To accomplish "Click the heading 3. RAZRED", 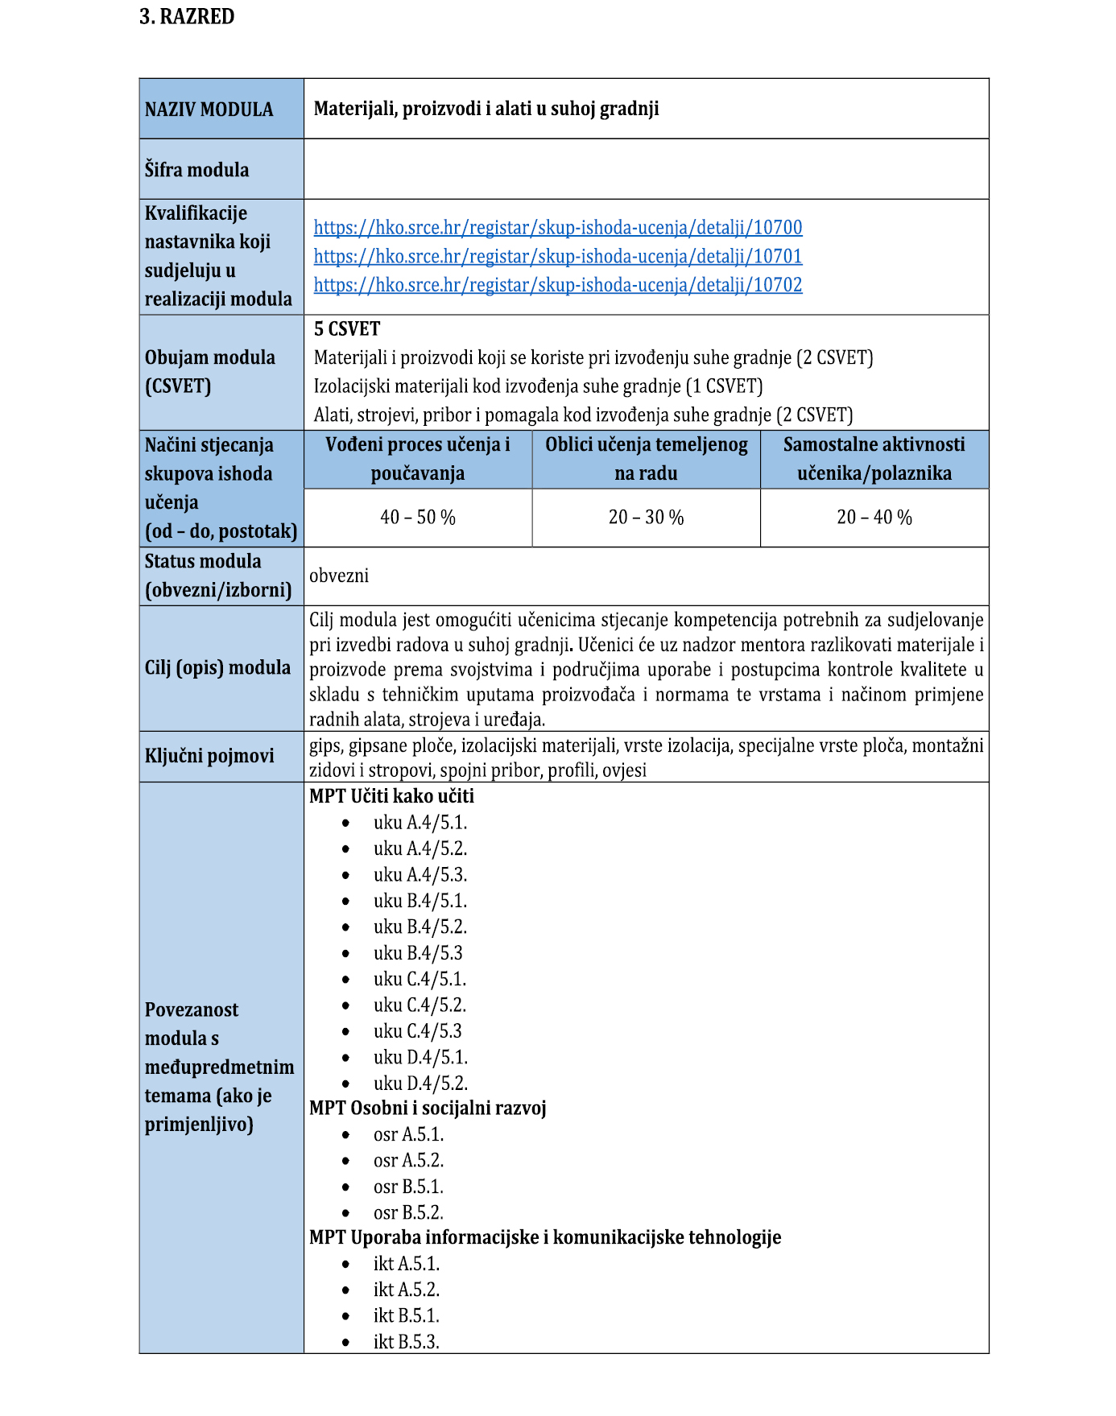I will coord(187,17).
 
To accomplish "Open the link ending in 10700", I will coord(557,228).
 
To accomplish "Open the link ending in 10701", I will coord(557,257).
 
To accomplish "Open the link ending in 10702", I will coord(557,285).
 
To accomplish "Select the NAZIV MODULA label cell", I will coord(209,109).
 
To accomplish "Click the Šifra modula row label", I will coord(196,170).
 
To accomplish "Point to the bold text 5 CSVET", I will coord(347,329).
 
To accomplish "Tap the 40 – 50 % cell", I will coord(418,518).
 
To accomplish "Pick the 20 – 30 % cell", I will coord(646,518).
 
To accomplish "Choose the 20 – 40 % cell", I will coord(874,518).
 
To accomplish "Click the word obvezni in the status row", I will coord(339,576).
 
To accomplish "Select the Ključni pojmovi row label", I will coord(209,756).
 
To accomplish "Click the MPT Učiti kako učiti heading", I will coord(391,797).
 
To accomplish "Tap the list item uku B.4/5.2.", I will coord(420,927).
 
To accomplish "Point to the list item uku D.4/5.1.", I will coord(420,1058).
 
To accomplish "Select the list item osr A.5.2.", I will coord(408,1161).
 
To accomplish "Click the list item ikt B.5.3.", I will coord(406,1342).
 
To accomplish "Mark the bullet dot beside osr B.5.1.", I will coord(345,1187).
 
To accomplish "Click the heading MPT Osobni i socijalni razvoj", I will coord(428,1108).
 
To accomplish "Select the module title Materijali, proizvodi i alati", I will coord(486,109).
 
